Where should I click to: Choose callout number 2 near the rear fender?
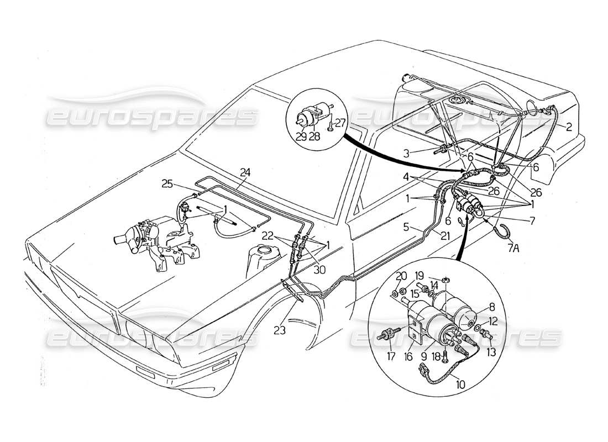(x=568, y=126)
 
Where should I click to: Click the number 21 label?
(x=444, y=236)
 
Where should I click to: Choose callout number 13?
(x=491, y=351)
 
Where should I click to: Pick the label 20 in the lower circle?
(x=402, y=276)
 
